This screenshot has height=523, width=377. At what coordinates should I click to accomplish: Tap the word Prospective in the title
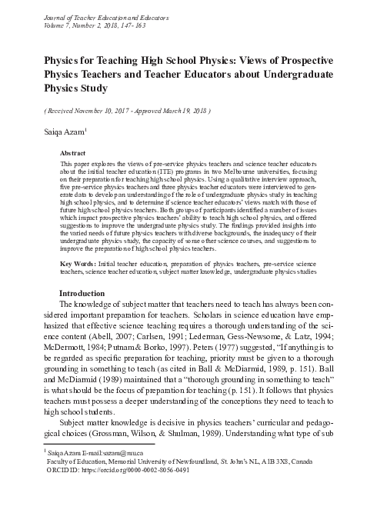(x=316, y=60)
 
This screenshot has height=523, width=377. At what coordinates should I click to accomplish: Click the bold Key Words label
(x=82, y=264)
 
